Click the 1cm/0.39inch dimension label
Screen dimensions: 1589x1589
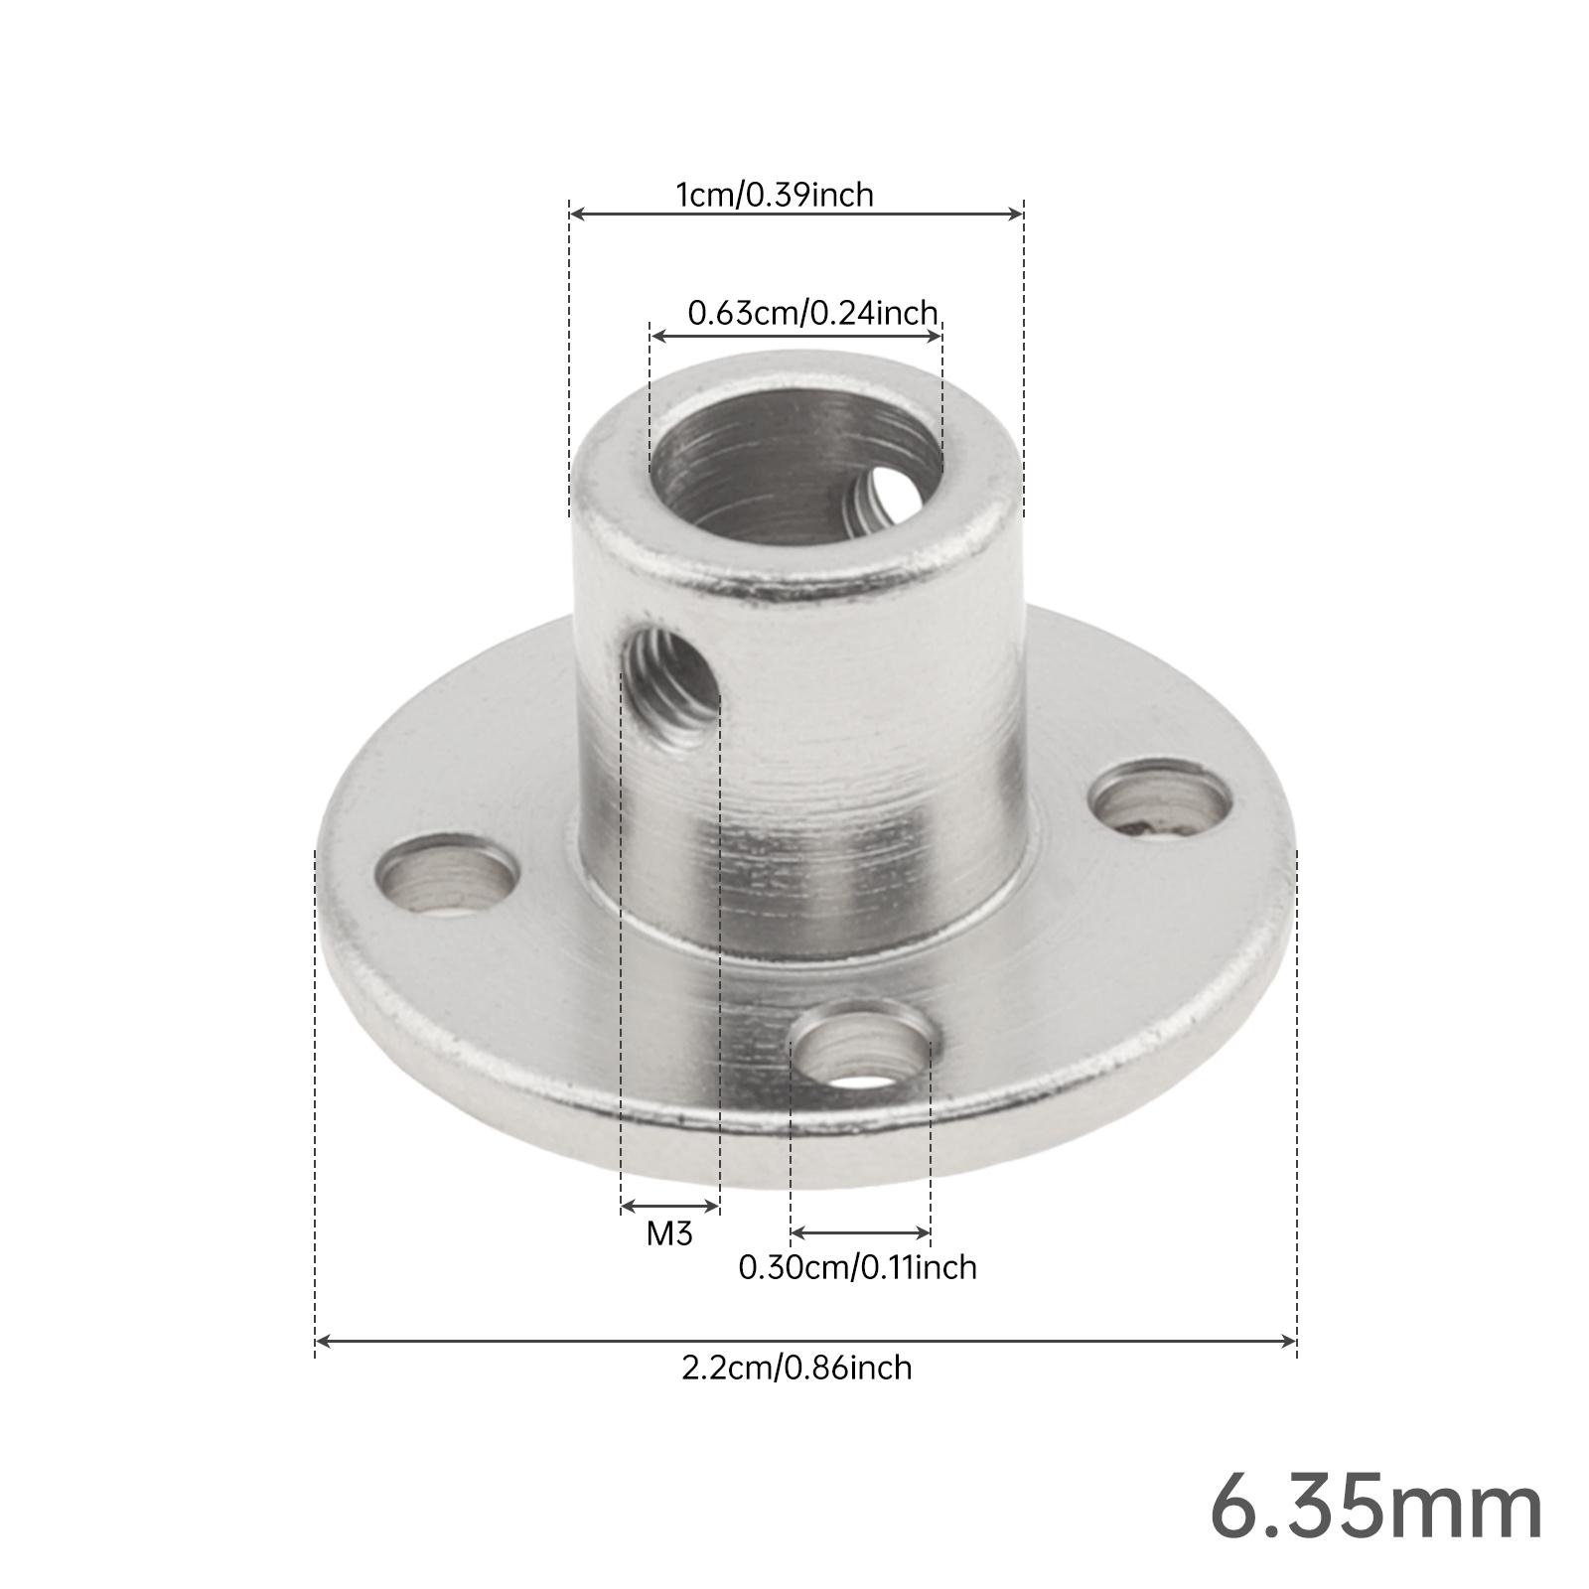[775, 195]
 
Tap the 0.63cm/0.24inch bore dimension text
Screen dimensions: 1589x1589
[812, 314]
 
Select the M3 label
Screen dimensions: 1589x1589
[668, 1233]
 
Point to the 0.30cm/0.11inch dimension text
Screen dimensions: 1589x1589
[857, 1267]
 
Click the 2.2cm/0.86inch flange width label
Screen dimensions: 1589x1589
[795, 1368]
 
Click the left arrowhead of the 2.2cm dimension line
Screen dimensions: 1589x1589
[321, 1342]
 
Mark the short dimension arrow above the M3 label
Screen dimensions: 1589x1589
[669, 1207]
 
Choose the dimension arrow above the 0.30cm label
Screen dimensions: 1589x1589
[860, 1233]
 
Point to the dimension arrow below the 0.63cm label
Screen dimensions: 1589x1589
[795, 336]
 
